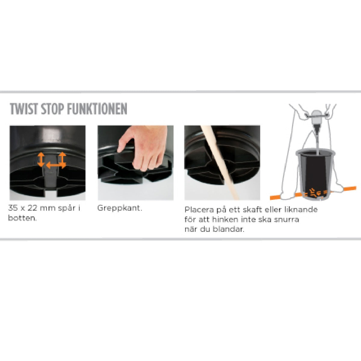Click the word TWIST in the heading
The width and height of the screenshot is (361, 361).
(x=24, y=109)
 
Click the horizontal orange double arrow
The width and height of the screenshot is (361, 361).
(x=56, y=165)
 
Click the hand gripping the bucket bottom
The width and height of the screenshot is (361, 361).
(x=144, y=149)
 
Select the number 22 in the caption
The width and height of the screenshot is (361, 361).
(x=35, y=208)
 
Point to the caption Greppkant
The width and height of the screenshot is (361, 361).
(x=119, y=208)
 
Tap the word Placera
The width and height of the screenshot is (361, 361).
(x=199, y=210)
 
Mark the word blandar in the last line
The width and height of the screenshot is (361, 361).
(x=230, y=229)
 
